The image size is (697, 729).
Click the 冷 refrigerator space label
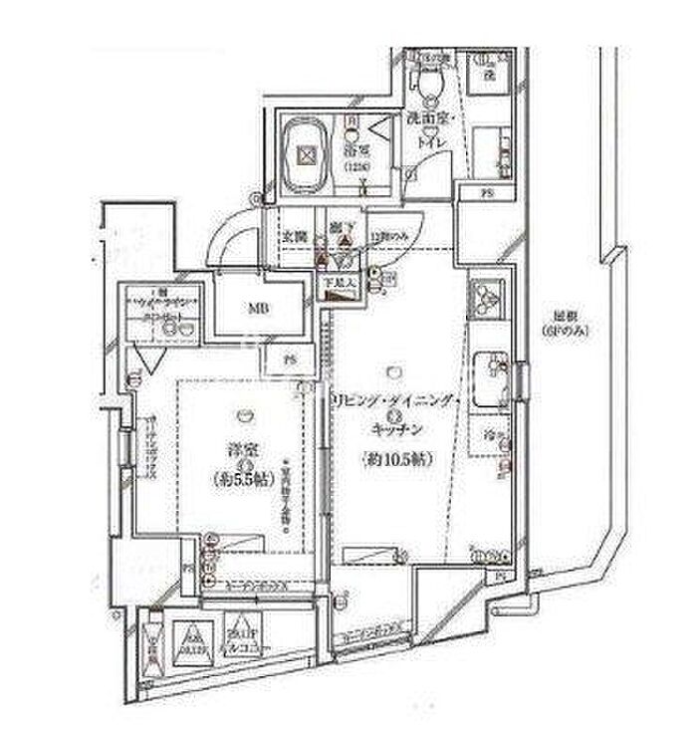tap(489, 434)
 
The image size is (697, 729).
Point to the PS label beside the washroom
tap(487, 191)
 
